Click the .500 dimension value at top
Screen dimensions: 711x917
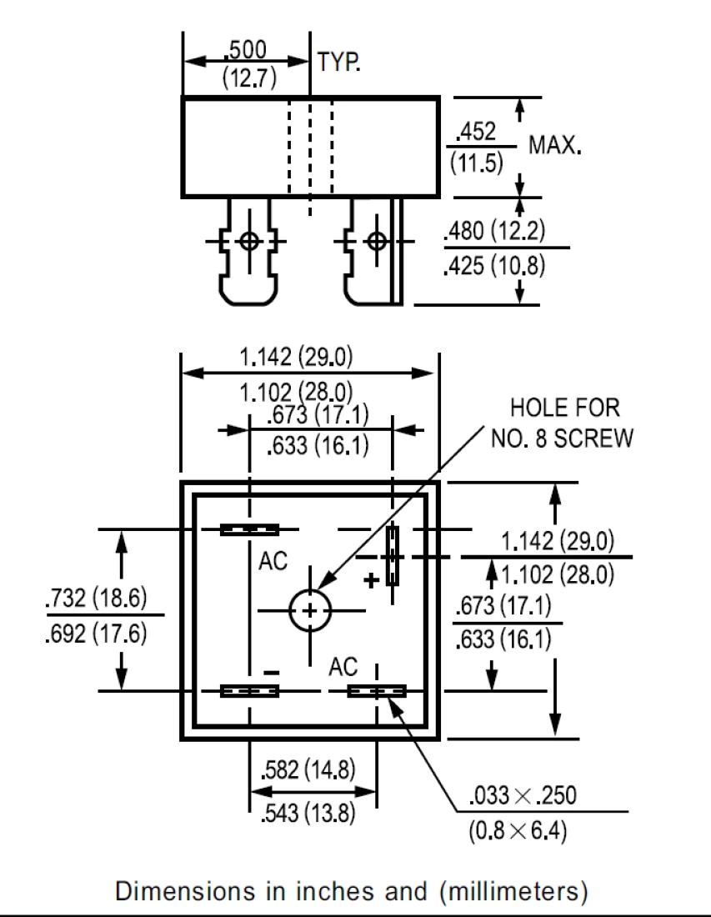click(246, 50)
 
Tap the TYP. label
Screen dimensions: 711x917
click(338, 62)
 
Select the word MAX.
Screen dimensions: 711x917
click(555, 145)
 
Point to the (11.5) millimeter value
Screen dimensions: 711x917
click(477, 162)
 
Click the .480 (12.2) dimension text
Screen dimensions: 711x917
click(494, 230)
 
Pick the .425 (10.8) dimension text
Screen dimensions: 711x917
click(494, 265)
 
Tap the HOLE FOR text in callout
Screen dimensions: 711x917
click(565, 408)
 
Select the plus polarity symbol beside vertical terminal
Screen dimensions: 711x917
click(371, 580)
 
